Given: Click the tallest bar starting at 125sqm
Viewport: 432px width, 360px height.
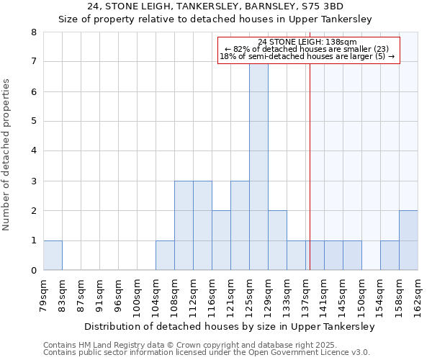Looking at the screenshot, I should click(258, 166).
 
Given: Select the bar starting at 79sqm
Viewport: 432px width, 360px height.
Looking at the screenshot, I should click(53, 255).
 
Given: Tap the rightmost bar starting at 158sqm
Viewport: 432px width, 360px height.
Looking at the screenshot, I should click(408, 240).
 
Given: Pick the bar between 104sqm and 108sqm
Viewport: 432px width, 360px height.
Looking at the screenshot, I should click(165, 255).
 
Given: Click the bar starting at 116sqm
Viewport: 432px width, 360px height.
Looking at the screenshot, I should click(221, 240).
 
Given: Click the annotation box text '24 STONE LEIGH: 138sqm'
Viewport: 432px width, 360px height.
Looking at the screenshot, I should click(307, 42).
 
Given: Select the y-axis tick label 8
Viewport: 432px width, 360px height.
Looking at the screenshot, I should click(33, 32).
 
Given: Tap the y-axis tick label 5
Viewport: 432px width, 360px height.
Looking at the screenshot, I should click(33, 122).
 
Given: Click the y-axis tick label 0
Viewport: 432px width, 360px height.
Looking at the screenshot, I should click(33, 271).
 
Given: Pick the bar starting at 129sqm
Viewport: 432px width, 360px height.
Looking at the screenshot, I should click(277, 240).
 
